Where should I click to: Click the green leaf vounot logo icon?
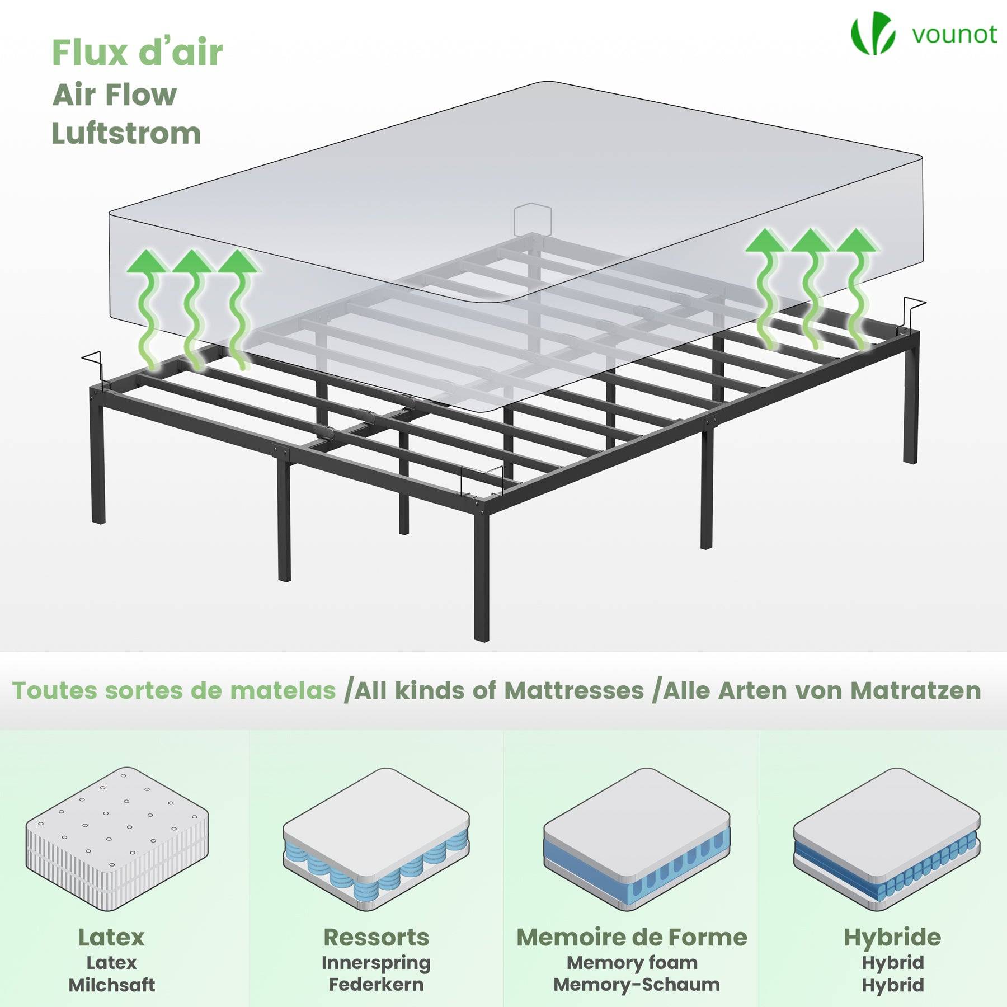pos(873,33)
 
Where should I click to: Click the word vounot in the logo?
pos(954,35)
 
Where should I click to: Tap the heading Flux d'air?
pos(137,53)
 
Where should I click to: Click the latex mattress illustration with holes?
pos(117,839)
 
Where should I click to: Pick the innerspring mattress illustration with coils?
pos(376,839)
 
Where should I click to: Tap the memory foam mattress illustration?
pos(637,839)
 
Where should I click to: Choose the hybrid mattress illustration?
pos(887,839)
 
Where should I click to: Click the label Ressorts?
pos(376,938)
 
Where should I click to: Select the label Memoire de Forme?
pos(632,938)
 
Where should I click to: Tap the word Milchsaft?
pos(112,985)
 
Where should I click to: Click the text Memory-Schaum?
pos(637,985)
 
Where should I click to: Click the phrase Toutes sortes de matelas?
pos(174,690)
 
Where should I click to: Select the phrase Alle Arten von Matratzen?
pos(821,690)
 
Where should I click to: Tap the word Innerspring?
pos(376,963)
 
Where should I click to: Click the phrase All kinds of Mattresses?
pos(500,690)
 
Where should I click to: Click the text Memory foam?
pos(632,963)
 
